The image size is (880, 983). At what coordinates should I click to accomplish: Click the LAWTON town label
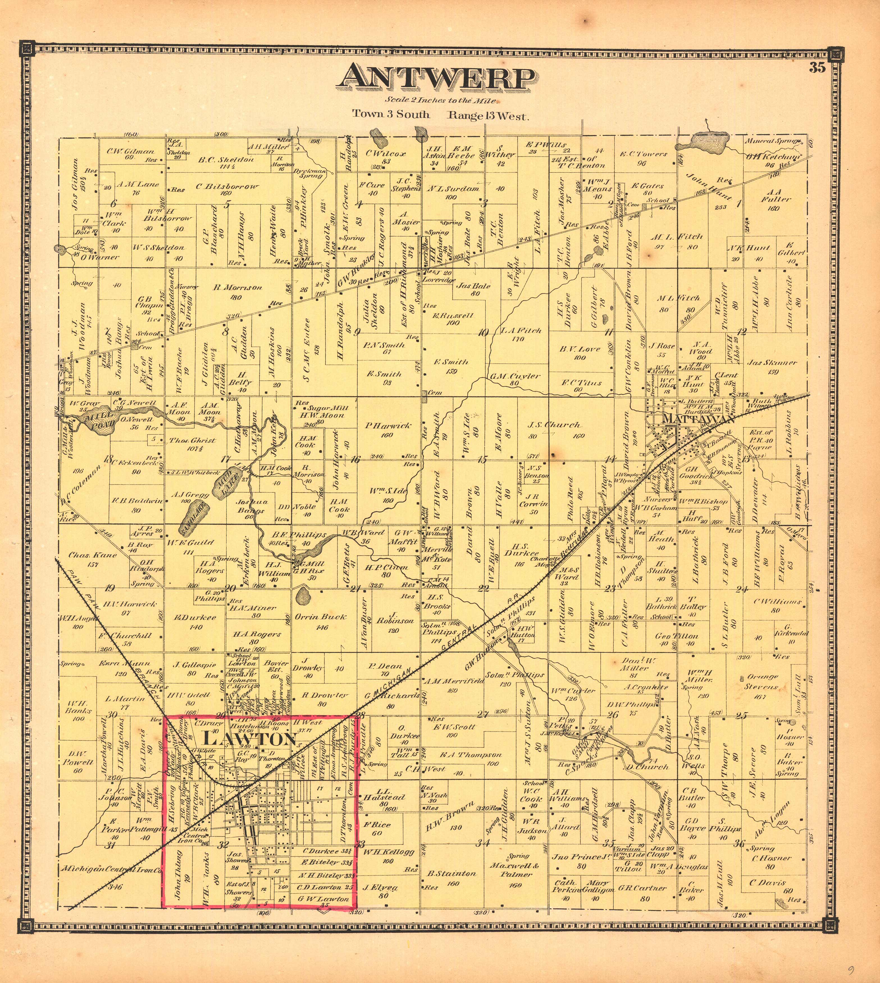(249, 739)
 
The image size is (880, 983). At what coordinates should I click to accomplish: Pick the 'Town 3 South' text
(391, 115)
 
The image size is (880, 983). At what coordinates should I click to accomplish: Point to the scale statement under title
(441, 101)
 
